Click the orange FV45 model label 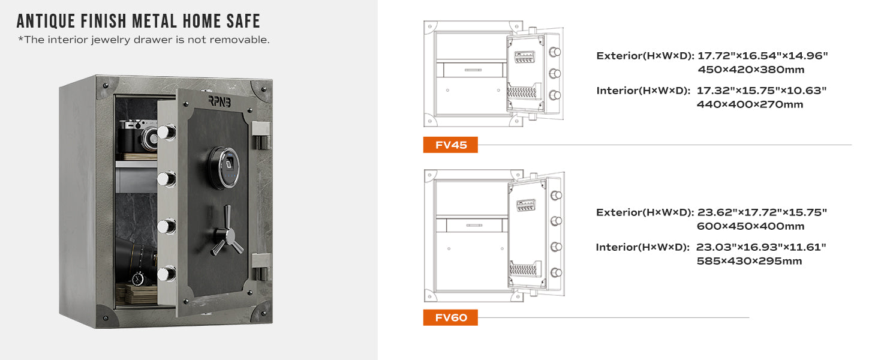tap(450, 145)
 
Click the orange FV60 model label tap(450, 317)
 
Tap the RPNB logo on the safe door tap(220, 101)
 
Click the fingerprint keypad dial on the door tap(224, 167)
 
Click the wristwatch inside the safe tap(138, 279)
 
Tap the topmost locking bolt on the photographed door tap(167, 132)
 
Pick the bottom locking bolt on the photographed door tap(167, 274)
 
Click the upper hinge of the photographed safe tap(261, 135)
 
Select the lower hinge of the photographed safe tap(261, 266)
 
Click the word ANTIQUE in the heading tap(46, 21)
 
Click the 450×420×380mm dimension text tap(751, 70)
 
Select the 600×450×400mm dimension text tap(751, 226)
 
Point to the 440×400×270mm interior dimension tap(750, 104)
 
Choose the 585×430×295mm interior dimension tap(750, 261)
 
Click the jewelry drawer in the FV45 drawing tap(473, 70)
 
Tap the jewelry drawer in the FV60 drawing tap(474, 226)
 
